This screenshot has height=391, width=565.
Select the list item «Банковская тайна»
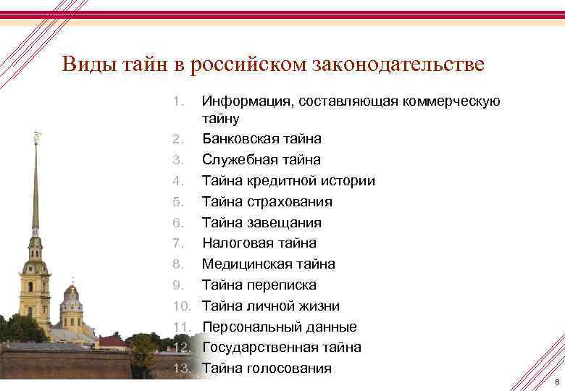point(261,138)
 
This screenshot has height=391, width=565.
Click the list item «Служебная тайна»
point(261,159)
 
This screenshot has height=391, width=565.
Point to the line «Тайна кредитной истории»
point(288,180)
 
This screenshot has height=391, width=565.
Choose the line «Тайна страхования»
point(267,201)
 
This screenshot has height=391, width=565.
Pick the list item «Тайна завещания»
point(261,222)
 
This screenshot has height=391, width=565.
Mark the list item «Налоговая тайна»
point(259,243)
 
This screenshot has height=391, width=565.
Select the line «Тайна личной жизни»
point(270,306)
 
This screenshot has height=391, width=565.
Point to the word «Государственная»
point(258,348)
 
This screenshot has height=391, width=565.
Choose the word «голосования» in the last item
point(288,369)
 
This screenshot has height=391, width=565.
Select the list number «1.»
point(183,101)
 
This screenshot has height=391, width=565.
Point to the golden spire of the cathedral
point(35,181)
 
